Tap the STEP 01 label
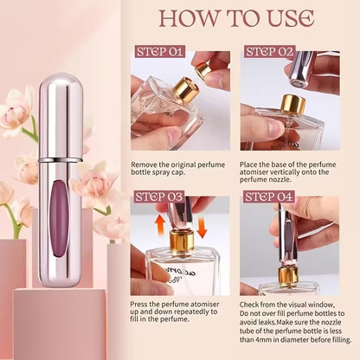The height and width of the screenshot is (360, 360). (157, 51)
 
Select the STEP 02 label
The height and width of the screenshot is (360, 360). (270, 51)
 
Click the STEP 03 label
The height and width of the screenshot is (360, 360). (157, 196)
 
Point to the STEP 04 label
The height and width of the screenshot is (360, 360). (270, 196)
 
